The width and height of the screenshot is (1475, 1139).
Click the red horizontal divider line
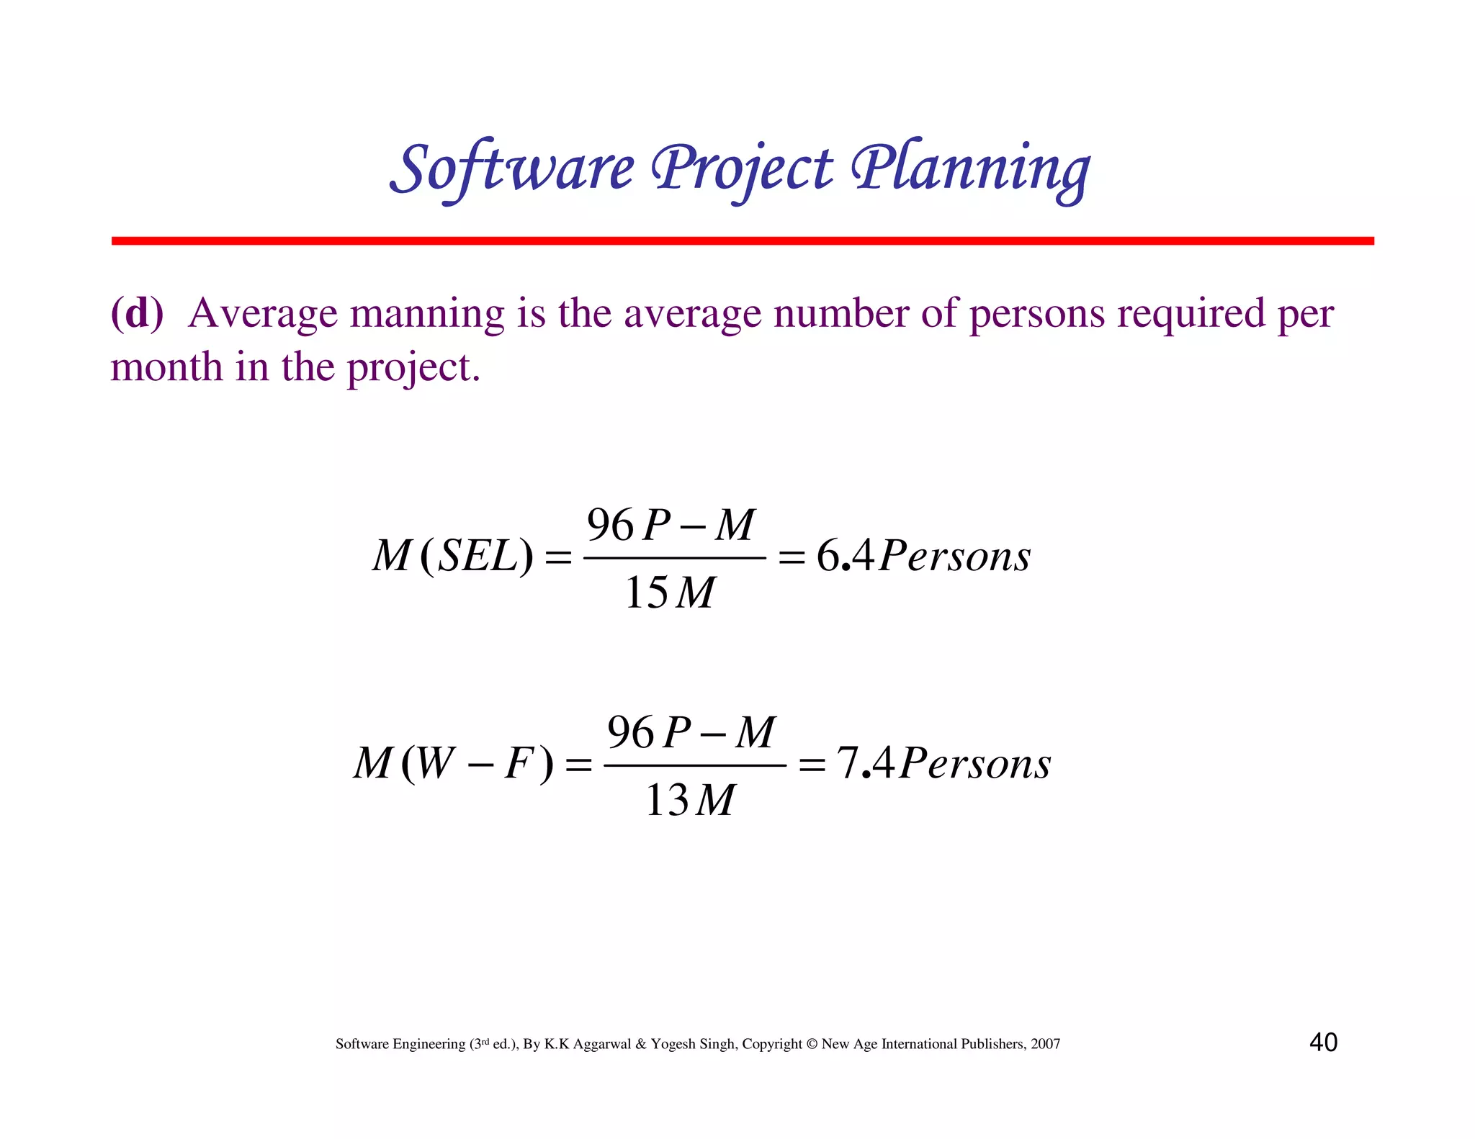click(742, 240)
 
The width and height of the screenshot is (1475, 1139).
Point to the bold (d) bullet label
click(137, 313)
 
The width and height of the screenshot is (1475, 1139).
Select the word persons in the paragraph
click(1036, 314)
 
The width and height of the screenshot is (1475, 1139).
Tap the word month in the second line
click(166, 367)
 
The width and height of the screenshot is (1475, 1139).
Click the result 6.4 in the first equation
click(845, 556)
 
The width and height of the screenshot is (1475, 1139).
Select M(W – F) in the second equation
click(453, 763)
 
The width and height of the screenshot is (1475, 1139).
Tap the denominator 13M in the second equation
click(689, 800)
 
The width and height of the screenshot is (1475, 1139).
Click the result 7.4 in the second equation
click(865, 763)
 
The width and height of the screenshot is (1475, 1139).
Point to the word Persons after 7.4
click(975, 763)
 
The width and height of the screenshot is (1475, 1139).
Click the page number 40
click(1323, 1042)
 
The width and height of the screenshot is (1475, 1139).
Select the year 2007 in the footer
click(1045, 1044)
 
